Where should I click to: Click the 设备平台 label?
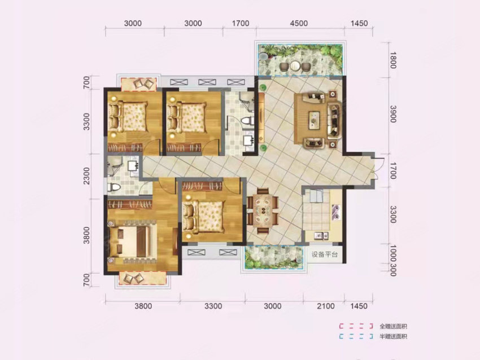click(x=325, y=254)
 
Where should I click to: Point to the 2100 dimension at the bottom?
click(x=326, y=306)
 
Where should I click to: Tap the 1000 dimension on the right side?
click(x=392, y=254)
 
